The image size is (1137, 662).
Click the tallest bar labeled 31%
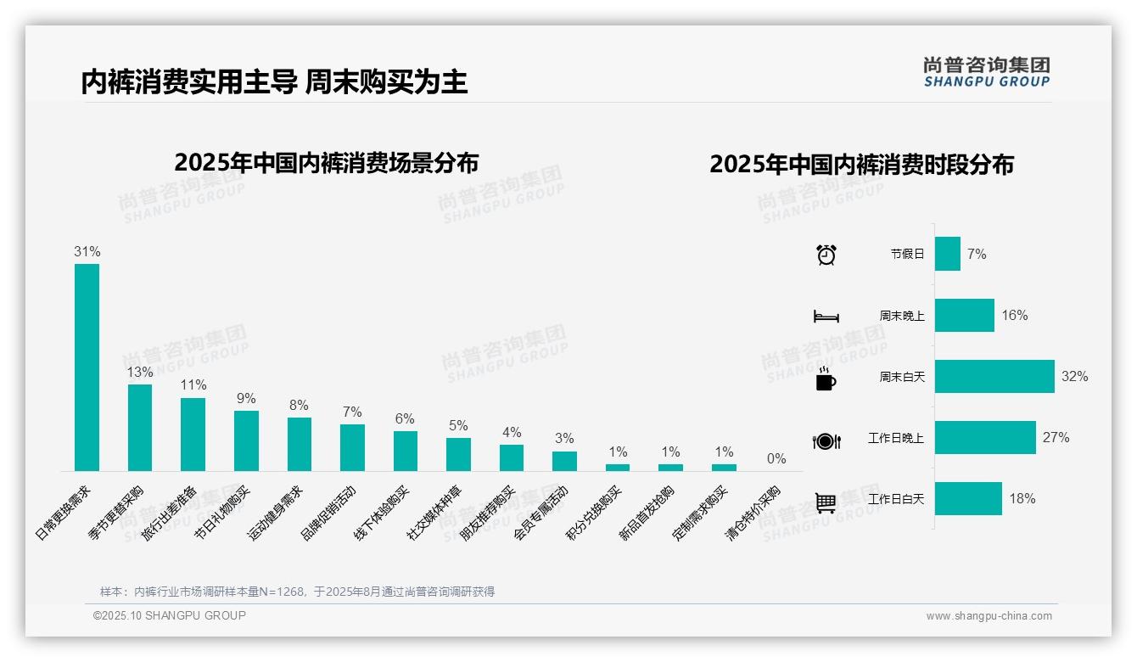point(87,367)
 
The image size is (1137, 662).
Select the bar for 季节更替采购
point(140,427)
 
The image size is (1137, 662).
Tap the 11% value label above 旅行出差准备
point(193,384)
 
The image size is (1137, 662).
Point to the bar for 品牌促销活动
point(352,447)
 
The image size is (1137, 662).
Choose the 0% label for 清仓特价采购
point(776,459)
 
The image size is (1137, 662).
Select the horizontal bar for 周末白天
point(994,376)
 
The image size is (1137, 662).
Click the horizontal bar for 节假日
point(948,254)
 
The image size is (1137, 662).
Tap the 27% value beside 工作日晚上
point(1056,437)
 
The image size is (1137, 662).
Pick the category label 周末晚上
point(902,316)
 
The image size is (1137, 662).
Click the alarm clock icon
point(826,254)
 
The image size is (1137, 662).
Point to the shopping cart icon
point(826,503)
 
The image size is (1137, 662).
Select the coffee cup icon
point(826,379)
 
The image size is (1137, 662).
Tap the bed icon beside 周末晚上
point(826,317)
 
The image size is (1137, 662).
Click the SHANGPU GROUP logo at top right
point(986,72)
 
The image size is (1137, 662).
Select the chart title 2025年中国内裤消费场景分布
point(327,162)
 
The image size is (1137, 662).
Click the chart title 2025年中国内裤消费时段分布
point(861,165)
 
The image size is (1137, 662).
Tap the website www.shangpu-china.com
point(989,616)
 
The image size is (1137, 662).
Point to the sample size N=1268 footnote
point(297,592)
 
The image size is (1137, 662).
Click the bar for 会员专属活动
point(564,461)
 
